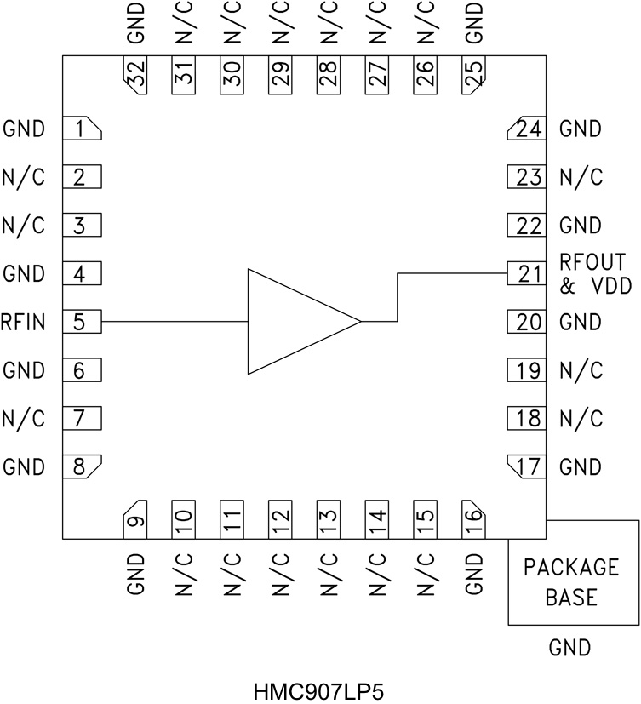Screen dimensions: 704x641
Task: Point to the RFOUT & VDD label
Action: (595, 273)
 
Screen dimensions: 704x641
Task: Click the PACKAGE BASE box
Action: (572, 581)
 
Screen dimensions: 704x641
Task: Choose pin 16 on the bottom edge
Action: (473, 518)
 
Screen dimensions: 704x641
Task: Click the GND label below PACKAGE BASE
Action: (570, 649)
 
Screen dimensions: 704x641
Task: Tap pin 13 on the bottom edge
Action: (328, 518)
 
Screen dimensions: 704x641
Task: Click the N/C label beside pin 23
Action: (581, 177)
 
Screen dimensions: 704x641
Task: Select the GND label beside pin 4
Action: (23, 274)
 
